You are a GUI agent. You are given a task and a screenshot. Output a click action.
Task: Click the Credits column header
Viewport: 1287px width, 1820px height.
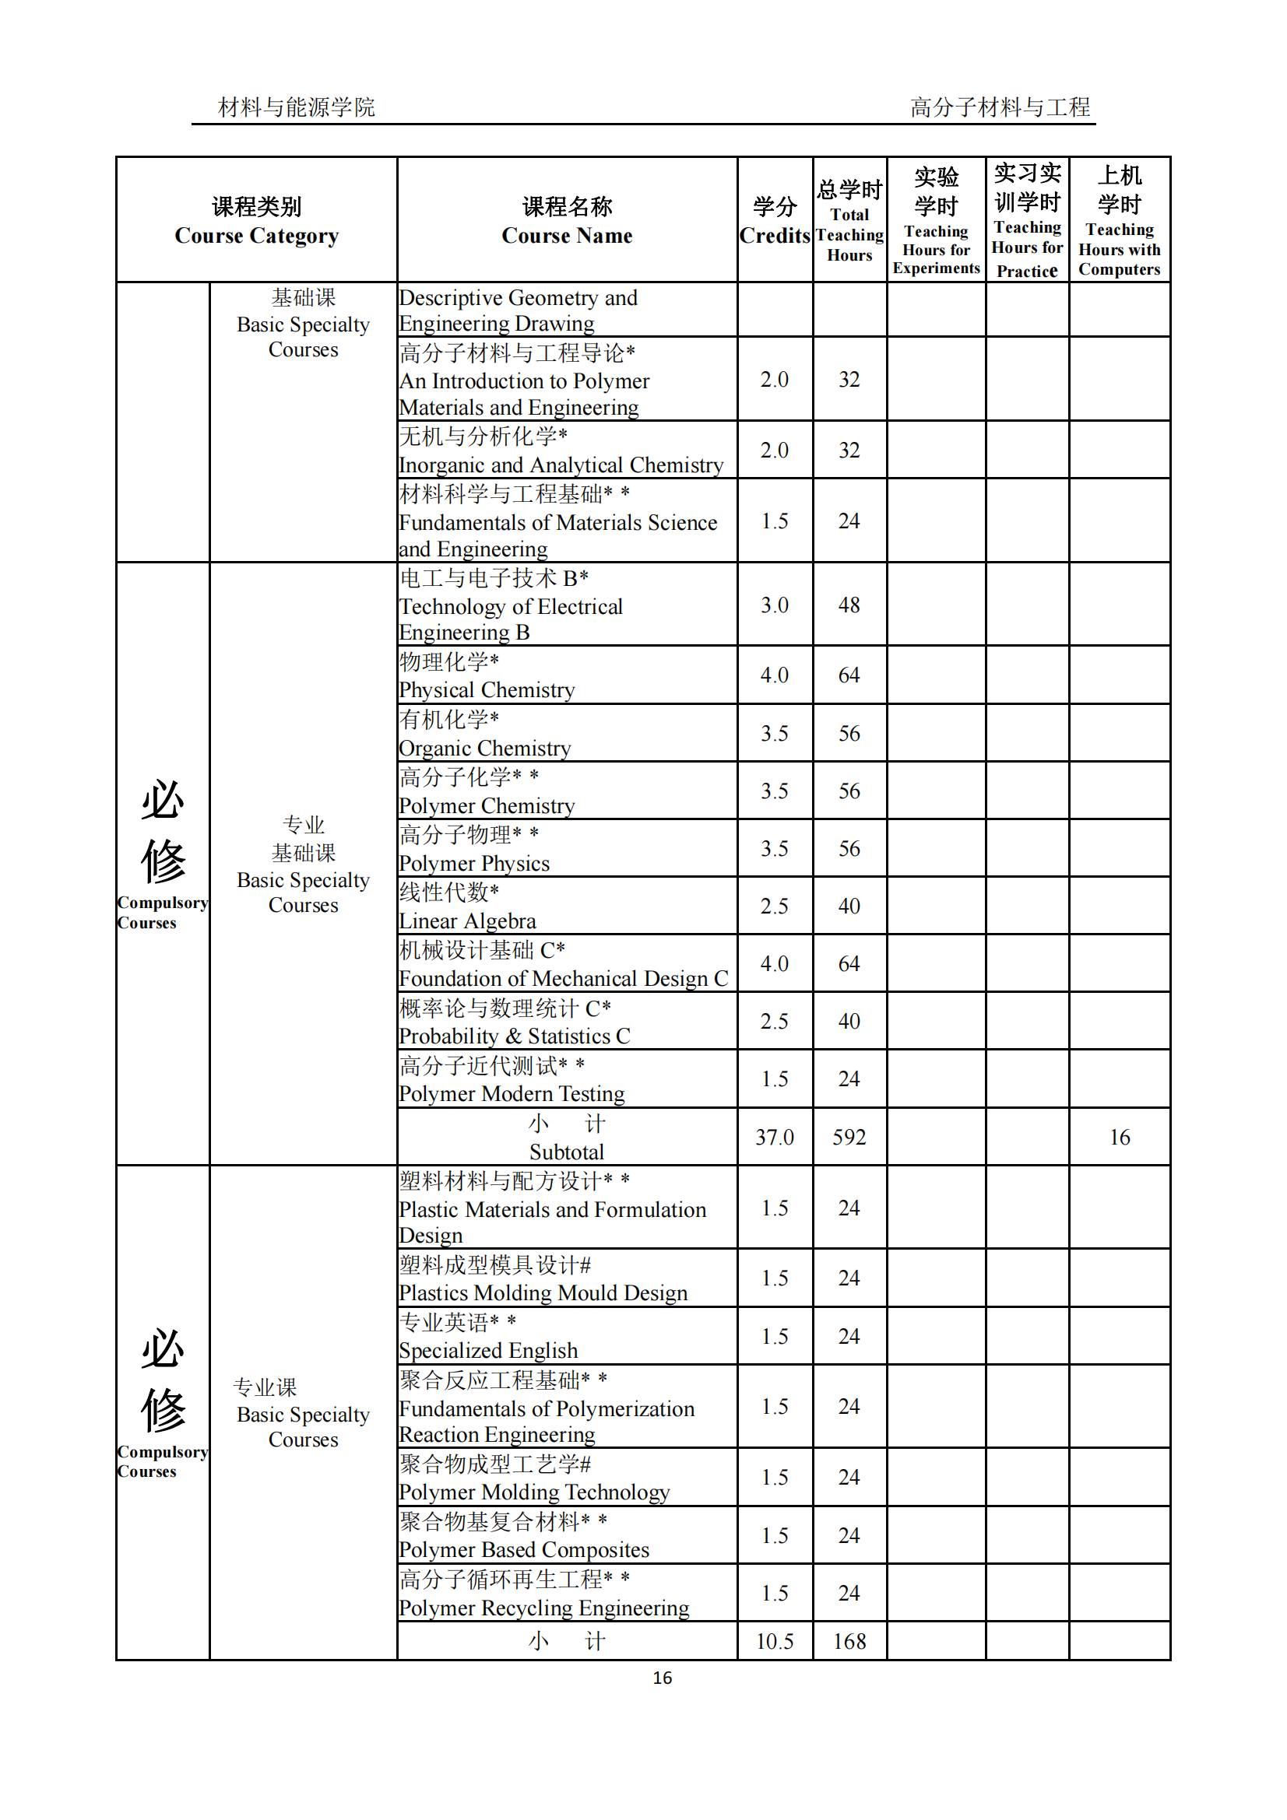click(x=774, y=221)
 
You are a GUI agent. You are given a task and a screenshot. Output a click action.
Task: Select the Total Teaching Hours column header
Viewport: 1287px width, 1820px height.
click(x=849, y=221)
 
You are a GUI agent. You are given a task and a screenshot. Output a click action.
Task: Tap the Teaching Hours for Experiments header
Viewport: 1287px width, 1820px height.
click(x=936, y=221)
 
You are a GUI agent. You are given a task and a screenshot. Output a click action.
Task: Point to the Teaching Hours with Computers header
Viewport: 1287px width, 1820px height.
click(x=1119, y=221)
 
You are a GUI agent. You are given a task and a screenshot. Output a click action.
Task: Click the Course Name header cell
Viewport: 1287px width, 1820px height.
click(x=567, y=221)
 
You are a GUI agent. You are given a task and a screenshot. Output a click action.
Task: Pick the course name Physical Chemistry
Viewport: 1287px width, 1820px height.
click(x=487, y=690)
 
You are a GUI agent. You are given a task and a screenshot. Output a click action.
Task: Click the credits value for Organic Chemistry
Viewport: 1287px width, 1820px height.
click(x=774, y=733)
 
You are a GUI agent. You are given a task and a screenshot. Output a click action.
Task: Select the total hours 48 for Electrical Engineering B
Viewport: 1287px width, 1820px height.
click(x=849, y=605)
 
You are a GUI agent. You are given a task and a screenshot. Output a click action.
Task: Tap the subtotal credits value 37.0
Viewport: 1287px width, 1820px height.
click(x=774, y=1138)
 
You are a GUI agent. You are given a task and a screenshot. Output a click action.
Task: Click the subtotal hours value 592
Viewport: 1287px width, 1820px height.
click(x=849, y=1138)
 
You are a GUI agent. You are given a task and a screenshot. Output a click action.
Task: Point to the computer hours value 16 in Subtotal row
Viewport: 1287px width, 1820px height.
click(x=1119, y=1138)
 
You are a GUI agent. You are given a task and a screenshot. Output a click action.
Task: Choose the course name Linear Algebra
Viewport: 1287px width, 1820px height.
click(x=468, y=921)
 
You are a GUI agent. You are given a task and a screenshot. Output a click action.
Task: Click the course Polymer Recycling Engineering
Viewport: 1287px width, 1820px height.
click(x=544, y=1608)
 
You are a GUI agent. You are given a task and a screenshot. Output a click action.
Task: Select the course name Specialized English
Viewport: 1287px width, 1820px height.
click(x=488, y=1351)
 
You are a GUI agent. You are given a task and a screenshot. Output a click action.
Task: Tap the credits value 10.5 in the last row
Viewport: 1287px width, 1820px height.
click(x=774, y=1642)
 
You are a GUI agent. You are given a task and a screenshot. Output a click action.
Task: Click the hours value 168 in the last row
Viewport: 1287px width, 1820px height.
click(x=849, y=1642)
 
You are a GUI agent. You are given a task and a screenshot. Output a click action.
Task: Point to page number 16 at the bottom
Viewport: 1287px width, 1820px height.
click(x=662, y=1678)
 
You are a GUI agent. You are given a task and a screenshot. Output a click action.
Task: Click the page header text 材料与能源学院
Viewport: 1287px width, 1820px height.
click(x=297, y=107)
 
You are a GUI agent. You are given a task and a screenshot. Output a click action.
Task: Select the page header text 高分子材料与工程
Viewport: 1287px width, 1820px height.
click(x=1000, y=107)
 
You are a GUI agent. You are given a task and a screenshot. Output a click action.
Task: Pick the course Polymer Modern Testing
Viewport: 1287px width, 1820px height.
click(x=512, y=1094)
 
